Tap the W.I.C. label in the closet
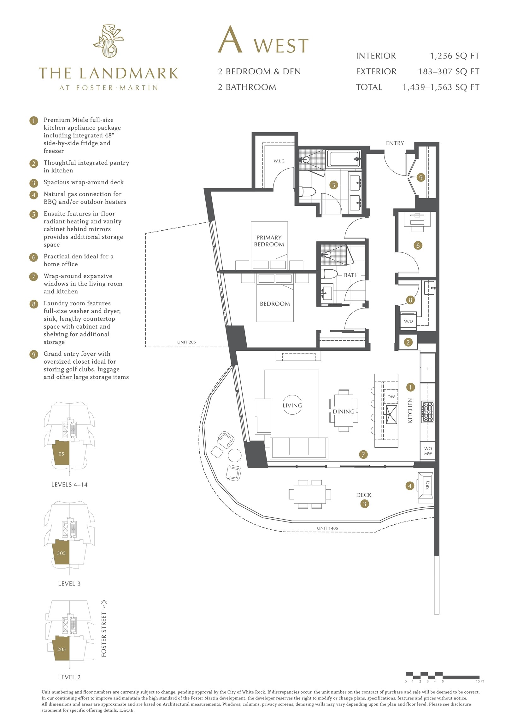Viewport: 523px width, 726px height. [279, 161]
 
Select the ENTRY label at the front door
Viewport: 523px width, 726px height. [395, 143]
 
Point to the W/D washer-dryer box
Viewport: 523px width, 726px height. [408, 321]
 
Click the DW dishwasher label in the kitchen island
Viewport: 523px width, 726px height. [391, 397]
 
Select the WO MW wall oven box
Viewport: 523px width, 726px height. [428, 451]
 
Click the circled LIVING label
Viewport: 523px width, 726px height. [292, 405]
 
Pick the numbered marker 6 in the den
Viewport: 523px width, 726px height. [418, 245]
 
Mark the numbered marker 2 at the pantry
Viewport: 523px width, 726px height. [408, 342]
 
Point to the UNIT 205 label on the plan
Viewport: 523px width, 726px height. [186, 342]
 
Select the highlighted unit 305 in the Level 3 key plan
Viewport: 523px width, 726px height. [61, 553]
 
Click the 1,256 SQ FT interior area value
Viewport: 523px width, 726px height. [455, 56]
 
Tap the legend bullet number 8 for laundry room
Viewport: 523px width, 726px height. [34, 304]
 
